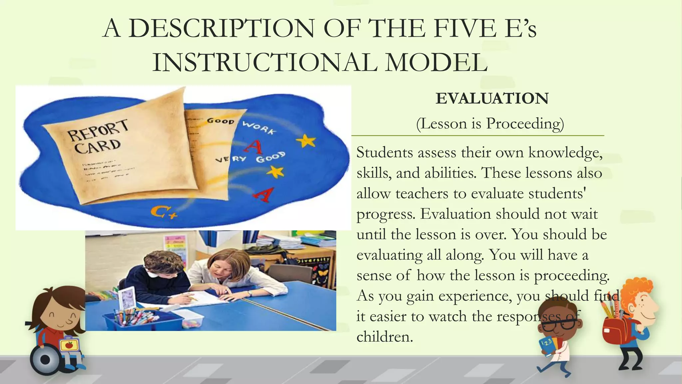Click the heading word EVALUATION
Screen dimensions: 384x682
click(x=492, y=99)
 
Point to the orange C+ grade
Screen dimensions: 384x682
click(x=163, y=212)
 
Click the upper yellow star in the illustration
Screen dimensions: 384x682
click(x=306, y=141)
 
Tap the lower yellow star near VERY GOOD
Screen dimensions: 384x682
click(x=276, y=172)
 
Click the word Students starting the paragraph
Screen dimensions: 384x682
click(x=384, y=153)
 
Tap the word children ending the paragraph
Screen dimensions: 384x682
click(x=384, y=337)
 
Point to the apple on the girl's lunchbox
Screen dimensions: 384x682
click(x=69, y=345)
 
